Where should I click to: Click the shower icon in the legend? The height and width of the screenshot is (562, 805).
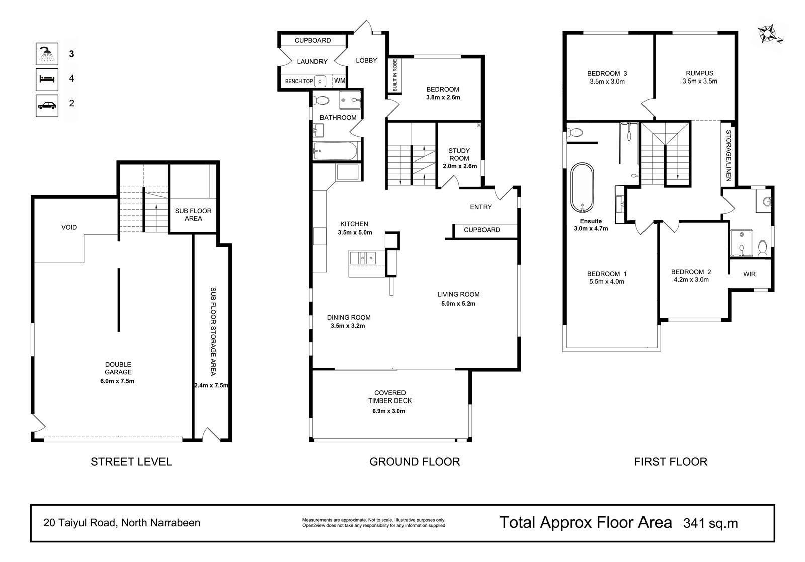pyautogui.click(x=47, y=54)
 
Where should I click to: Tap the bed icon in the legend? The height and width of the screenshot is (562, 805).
pyautogui.click(x=47, y=79)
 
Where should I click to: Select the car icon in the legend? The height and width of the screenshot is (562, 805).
pyautogui.click(x=47, y=105)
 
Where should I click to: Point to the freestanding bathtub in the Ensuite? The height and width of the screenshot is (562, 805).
pyautogui.click(x=582, y=188)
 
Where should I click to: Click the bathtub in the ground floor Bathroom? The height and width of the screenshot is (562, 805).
pyautogui.click(x=335, y=151)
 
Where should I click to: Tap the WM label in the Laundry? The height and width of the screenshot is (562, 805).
pyautogui.click(x=339, y=81)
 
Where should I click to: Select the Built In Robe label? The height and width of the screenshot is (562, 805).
pyautogui.click(x=395, y=75)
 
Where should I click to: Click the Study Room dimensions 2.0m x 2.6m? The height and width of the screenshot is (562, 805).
pyautogui.click(x=460, y=166)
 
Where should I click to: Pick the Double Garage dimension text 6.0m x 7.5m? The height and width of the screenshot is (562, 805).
pyautogui.click(x=117, y=381)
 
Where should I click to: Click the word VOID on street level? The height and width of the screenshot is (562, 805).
pyautogui.click(x=69, y=227)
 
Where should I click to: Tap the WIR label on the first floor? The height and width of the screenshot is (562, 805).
pyautogui.click(x=749, y=274)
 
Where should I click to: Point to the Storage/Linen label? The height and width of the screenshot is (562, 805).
pyautogui.click(x=728, y=155)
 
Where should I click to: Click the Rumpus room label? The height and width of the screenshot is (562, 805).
pyautogui.click(x=700, y=73)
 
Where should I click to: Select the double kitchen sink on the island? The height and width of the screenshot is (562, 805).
pyautogui.click(x=363, y=258)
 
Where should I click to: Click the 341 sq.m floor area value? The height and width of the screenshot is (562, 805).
pyautogui.click(x=710, y=523)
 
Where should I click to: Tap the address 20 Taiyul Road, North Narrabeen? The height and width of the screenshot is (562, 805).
pyautogui.click(x=122, y=523)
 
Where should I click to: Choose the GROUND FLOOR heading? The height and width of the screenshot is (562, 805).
pyautogui.click(x=415, y=462)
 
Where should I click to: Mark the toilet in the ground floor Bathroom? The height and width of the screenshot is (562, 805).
pyautogui.click(x=321, y=100)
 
